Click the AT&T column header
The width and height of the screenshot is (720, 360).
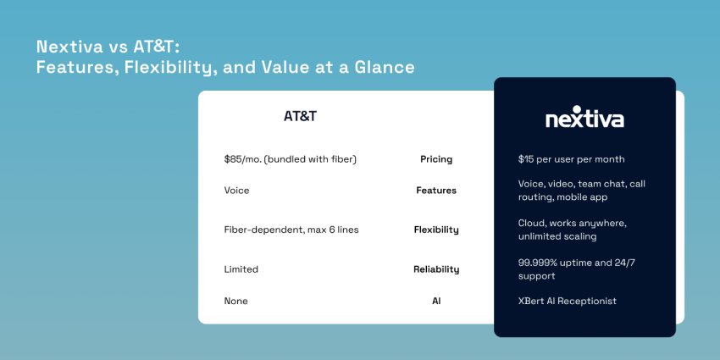[x=300, y=116]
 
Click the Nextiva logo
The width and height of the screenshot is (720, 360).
[x=584, y=119]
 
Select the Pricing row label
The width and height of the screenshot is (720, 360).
[x=436, y=159]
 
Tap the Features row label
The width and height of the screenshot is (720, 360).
[x=436, y=191]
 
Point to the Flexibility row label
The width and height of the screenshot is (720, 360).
[x=436, y=230]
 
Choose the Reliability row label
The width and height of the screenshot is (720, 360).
[x=436, y=269]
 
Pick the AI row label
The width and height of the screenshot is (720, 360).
[x=436, y=301]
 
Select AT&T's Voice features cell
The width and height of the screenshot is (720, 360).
[x=236, y=191]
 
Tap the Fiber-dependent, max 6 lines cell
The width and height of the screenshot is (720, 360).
[x=291, y=230]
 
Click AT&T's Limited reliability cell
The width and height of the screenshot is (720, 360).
[x=241, y=269]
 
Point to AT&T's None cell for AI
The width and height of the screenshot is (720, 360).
[x=235, y=301]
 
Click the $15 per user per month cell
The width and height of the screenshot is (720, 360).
[x=571, y=159]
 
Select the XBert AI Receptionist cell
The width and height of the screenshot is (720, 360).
[x=568, y=301]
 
